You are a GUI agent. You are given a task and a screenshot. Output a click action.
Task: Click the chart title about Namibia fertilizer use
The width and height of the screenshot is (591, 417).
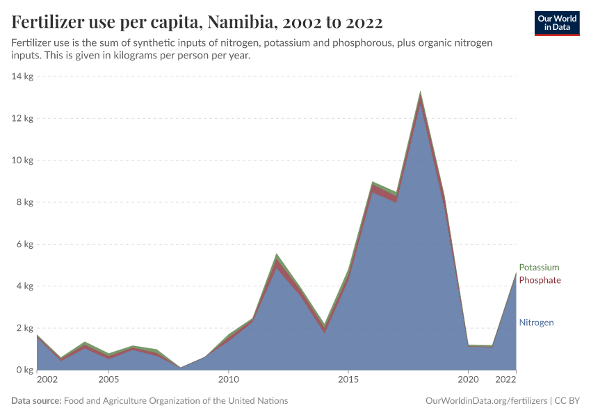coord(197,22)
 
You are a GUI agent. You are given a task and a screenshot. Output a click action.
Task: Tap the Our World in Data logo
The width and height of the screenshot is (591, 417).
coord(556,23)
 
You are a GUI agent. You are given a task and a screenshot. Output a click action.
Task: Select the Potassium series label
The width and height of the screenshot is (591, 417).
coord(538,268)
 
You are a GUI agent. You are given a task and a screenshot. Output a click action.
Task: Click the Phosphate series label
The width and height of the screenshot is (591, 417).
coord(540,280)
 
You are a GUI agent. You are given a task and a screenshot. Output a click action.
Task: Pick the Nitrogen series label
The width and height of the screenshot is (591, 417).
coord(536,322)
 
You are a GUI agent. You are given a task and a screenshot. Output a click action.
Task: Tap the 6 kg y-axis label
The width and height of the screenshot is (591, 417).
coord(23,245)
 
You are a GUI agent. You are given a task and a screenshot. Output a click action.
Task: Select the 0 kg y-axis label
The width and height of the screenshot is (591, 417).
coord(23,370)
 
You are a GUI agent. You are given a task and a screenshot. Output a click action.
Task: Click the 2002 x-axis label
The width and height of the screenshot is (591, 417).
coord(47,380)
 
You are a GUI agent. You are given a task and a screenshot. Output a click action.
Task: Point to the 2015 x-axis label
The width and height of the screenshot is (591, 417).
coord(348,380)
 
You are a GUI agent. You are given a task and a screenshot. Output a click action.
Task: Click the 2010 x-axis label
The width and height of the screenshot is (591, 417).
coord(228,380)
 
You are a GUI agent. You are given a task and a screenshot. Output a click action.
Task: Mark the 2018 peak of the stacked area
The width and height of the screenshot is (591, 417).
coord(420,92)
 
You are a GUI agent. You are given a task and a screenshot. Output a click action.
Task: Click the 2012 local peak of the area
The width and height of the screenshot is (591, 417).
coord(276,254)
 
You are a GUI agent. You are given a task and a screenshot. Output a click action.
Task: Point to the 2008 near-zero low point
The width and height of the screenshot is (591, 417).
coord(180,368)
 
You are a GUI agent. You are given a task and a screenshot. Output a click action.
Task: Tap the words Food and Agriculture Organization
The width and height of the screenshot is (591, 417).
coord(175,401)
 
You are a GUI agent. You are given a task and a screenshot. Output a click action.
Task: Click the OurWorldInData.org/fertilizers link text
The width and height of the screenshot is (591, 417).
coord(485,401)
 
